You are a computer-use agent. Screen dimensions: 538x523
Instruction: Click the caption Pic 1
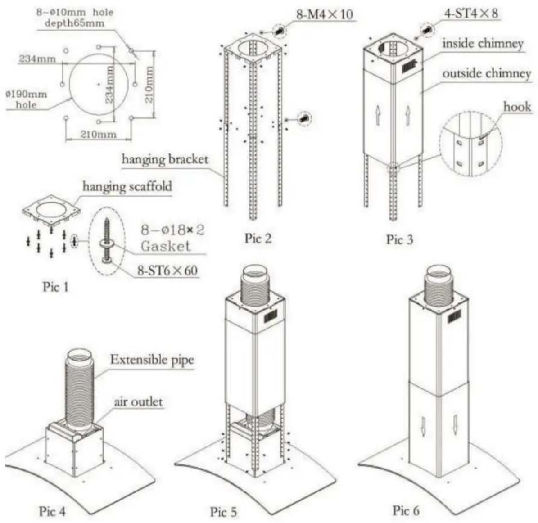point(55,286)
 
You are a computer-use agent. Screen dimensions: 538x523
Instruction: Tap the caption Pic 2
point(258,239)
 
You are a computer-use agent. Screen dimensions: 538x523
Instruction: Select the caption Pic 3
point(400,239)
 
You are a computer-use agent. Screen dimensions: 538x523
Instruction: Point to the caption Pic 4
point(52,511)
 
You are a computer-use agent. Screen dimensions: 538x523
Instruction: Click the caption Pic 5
point(223,512)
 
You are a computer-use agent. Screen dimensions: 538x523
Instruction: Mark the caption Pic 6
point(406,510)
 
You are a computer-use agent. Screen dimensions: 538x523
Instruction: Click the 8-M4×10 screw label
point(325,14)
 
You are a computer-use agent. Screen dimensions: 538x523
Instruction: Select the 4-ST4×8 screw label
point(471,14)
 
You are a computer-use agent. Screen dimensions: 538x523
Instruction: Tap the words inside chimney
point(483,44)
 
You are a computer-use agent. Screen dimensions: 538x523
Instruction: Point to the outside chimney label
point(487,73)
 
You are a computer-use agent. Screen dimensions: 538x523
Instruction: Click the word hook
point(517,107)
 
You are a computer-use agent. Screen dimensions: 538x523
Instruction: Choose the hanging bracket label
point(165,159)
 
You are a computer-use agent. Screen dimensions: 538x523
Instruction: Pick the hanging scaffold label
point(127,186)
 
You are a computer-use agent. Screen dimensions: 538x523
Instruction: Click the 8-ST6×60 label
point(167,271)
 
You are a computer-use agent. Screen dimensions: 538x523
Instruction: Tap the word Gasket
point(166,246)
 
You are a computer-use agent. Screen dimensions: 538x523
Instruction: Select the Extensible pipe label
point(152,360)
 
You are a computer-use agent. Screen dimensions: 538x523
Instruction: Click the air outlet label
point(138,401)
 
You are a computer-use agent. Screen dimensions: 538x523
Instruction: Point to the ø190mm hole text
point(27,99)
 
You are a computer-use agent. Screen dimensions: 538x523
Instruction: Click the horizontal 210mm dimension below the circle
point(99,134)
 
